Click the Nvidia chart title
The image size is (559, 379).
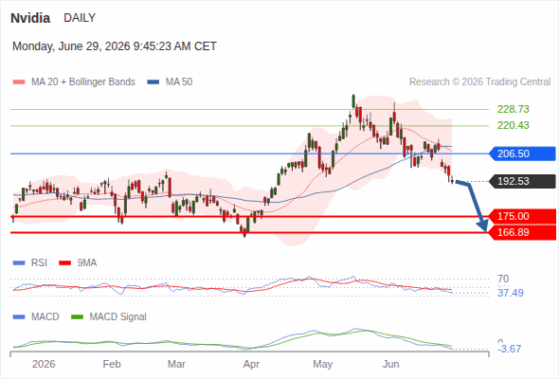click(30, 18)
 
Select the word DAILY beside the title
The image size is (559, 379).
click(80, 18)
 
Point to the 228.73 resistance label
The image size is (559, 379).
click(513, 109)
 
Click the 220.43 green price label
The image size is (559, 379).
click(513, 125)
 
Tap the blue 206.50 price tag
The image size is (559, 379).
click(522, 153)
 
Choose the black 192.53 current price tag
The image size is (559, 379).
click(522, 181)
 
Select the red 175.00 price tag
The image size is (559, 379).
click(522, 216)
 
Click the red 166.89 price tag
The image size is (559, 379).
click(522, 232)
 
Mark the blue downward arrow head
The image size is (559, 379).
click(482, 225)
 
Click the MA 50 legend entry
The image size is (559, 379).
click(170, 82)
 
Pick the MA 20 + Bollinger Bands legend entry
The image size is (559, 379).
click(74, 82)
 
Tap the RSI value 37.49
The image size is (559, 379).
click(510, 293)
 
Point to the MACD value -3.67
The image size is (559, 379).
click(509, 349)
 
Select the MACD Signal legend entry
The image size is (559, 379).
click(109, 316)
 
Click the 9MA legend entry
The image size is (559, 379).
click(78, 262)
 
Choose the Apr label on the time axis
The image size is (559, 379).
click(251, 364)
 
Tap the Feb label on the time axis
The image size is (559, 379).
click(112, 364)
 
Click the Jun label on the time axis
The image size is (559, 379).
click(390, 364)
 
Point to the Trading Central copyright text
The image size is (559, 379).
click(479, 82)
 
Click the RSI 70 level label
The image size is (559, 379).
click(503, 279)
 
